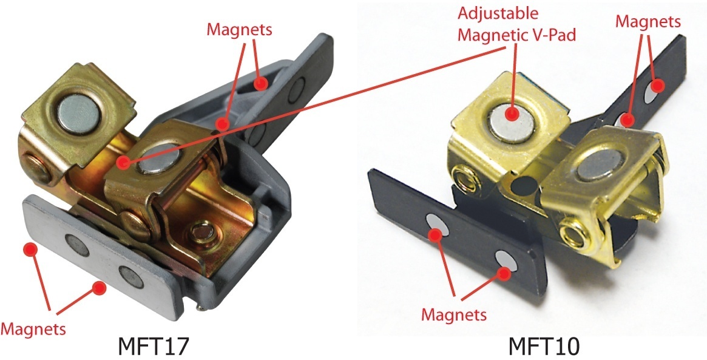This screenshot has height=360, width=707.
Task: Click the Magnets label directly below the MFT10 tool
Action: click(455, 314)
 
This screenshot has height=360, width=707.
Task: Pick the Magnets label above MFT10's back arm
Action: click(648, 21)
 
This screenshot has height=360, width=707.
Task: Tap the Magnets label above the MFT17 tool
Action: click(239, 29)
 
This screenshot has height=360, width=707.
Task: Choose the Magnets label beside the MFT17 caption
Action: click(33, 329)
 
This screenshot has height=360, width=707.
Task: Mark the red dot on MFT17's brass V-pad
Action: click(123, 162)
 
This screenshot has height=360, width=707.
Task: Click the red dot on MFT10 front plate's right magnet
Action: click(505, 273)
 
